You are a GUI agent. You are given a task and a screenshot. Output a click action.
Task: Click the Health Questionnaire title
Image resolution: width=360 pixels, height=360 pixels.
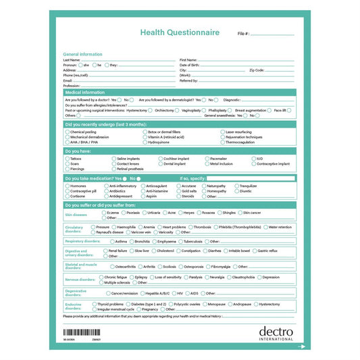pyautogui.click(x=180, y=32)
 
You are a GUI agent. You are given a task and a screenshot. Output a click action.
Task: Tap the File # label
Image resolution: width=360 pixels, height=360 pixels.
pyautogui.click(x=244, y=33)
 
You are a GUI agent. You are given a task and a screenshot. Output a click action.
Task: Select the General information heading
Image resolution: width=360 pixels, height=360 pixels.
pyautogui.click(x=82, y=54)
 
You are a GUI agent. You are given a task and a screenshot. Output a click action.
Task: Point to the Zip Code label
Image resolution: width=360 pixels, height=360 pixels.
pyautogui.click(x=257, y=70)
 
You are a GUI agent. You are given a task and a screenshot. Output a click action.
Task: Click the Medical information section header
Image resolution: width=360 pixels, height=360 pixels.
pyautogui.click(x=85, y=92)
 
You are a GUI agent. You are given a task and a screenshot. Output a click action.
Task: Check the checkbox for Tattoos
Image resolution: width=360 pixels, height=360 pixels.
pyautogui.click(x=67, y=159)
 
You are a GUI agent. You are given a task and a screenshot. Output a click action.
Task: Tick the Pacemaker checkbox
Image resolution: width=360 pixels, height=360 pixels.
pyautogui.click(x=207, y=159)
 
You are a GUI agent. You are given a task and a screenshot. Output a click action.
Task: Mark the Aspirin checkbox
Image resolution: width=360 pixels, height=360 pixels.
pyautogui.click(x=143, y=196)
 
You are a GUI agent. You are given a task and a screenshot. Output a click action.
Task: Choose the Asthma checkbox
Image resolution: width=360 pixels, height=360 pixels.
pyautogui.click(x=113, y=241)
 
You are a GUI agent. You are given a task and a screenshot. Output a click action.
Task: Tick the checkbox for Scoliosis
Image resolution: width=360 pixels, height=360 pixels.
pyautogui.click(x=160, y=266)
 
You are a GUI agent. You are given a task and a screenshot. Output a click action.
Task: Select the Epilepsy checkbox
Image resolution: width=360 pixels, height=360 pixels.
pyautogui.click(x=131, y=277)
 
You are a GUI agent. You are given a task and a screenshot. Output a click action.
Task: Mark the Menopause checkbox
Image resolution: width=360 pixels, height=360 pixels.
pyautogui.click(x=205, y=305)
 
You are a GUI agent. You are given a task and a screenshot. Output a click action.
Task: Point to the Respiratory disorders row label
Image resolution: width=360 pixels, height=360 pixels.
pyautogui.click(x=78, y=241)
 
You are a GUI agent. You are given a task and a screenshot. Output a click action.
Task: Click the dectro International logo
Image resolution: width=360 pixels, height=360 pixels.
pyautogui.click(x=276, y=333)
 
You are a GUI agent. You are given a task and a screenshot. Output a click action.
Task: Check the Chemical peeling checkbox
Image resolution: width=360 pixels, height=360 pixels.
pyautogui.click(x=67, y=132)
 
